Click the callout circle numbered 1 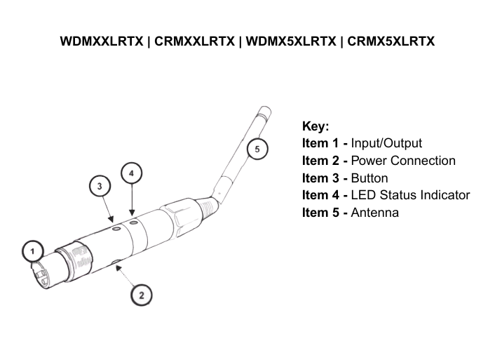32,250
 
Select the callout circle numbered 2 142,295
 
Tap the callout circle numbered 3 100,187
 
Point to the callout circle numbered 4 131,173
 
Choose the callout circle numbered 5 257,149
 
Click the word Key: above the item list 315,126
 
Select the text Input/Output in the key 386,144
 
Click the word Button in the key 369,178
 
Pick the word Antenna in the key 374,213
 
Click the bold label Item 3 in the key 325,178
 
